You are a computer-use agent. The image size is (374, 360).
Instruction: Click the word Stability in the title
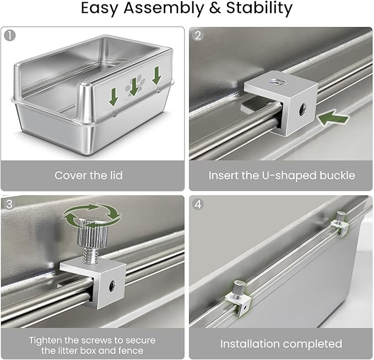(x=259, y=8)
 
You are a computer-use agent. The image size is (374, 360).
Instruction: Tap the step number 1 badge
(x=10, y=36)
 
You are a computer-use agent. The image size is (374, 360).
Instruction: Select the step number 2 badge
(x=198, y=36)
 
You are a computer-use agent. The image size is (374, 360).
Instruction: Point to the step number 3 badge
(x=9, y=204)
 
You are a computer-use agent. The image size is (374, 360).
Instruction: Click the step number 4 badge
(x=198, y=204)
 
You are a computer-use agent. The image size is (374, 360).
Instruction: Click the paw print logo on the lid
(x=135, y=85)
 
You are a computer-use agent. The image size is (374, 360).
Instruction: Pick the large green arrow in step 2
(x=333, y=118)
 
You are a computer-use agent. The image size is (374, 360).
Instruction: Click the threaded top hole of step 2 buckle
(x=278, y=82)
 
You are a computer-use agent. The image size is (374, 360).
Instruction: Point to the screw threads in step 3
(x=91, y=255)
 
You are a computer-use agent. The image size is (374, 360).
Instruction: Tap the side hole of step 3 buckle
(x=112, y=286)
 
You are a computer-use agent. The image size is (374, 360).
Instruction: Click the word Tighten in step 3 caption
(x=45, y=340)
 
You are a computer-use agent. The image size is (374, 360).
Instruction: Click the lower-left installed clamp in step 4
(x=239, y=298)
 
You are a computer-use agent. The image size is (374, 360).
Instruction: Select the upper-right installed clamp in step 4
(x=340, y=223)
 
